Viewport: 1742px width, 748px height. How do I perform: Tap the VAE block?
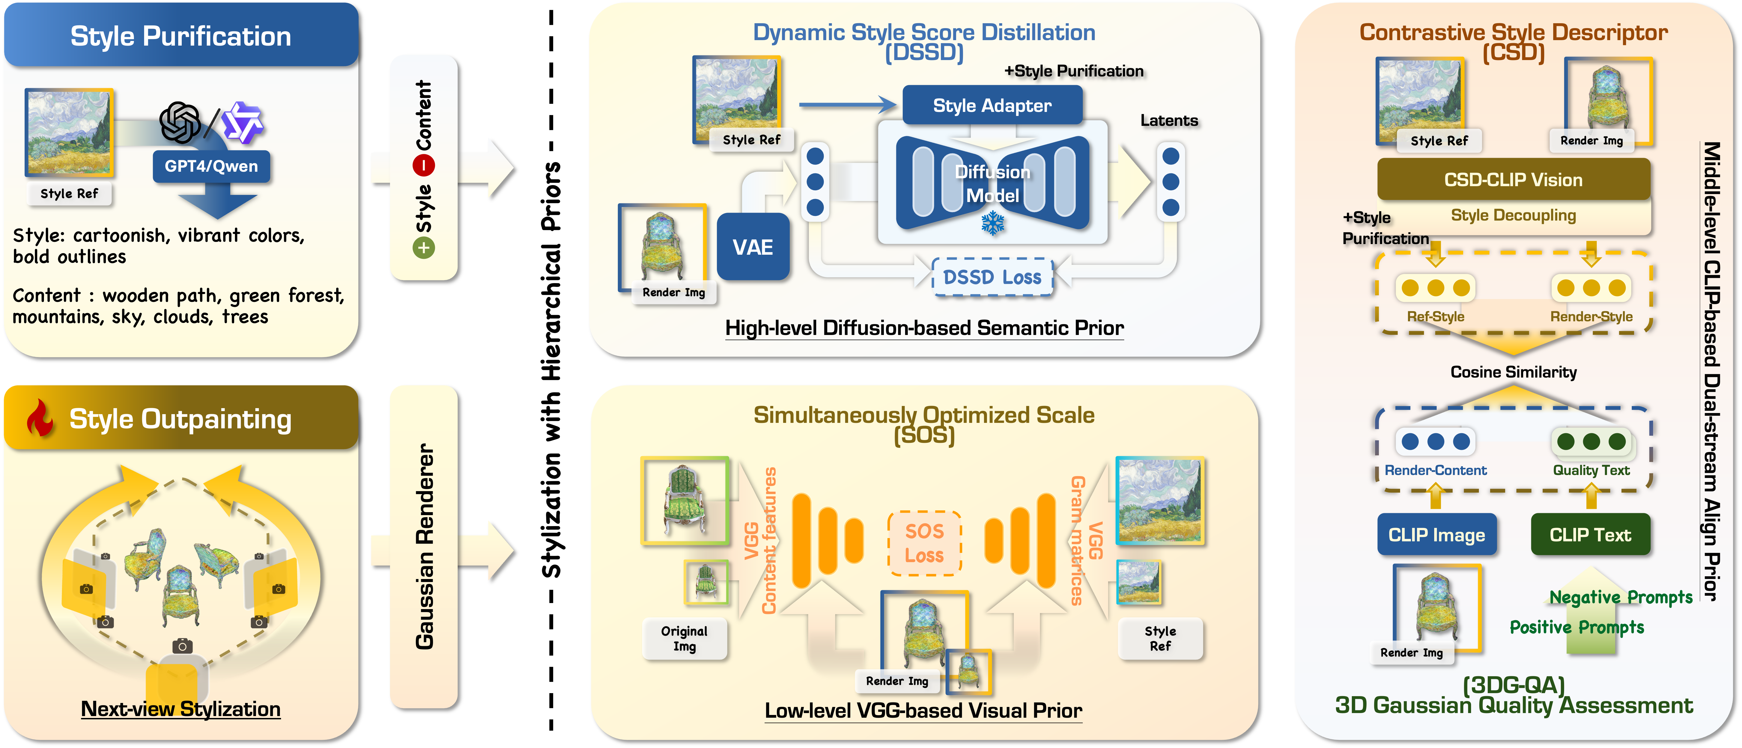[x=753, y=247]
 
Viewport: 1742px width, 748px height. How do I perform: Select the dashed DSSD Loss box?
[x=992, y=277]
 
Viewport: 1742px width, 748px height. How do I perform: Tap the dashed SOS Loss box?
[x=924, y=543]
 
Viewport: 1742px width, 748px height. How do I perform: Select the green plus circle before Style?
[x=424, y=248]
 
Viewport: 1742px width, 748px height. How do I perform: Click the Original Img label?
[x=684, y=639]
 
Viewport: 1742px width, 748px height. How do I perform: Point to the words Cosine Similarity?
[x=1513, y=372]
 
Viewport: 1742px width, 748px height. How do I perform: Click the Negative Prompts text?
[x=1621, y=597]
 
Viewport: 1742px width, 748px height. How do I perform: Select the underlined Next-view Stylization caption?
[x=181, y=709]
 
